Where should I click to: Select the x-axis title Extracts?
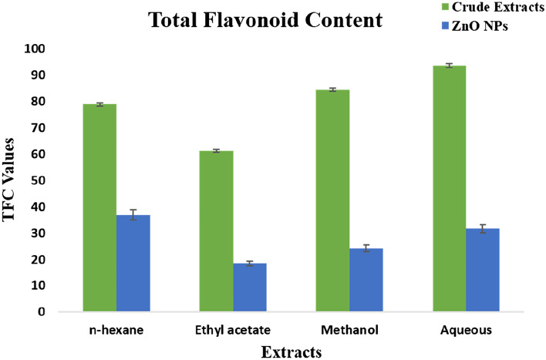tap(291, 352)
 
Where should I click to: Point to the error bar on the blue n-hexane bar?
tap(133, 214)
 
